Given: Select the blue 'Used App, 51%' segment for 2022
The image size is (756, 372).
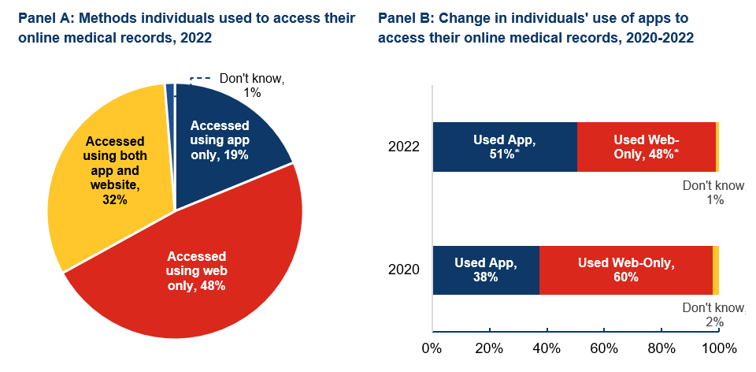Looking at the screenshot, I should tap(504, 147).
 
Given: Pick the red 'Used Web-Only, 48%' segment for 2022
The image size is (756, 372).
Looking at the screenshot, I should tap(646, 147).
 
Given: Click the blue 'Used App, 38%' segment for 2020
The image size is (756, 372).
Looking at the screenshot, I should tap(486, 270).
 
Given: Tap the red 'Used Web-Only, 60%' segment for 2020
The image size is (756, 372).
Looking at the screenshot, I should tap(626, 270).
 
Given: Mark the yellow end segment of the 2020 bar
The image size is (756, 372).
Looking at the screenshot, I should tap(716, 270).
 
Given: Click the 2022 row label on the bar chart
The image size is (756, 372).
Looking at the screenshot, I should tap(404, 147).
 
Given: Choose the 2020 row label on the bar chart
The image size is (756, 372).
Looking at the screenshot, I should tap(404, 270).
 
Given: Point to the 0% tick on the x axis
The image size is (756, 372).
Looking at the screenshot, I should tap(432, 348).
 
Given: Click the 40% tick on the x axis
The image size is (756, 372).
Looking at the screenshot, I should tap(547, 348).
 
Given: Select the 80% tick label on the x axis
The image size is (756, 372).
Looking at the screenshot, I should tap(661, 348).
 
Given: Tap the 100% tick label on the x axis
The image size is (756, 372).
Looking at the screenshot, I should tap(718, 348).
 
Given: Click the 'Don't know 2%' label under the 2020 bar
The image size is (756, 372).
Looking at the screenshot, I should tap(713, 314).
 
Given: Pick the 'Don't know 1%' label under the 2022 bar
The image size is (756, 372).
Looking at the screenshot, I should tap(713, 193).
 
